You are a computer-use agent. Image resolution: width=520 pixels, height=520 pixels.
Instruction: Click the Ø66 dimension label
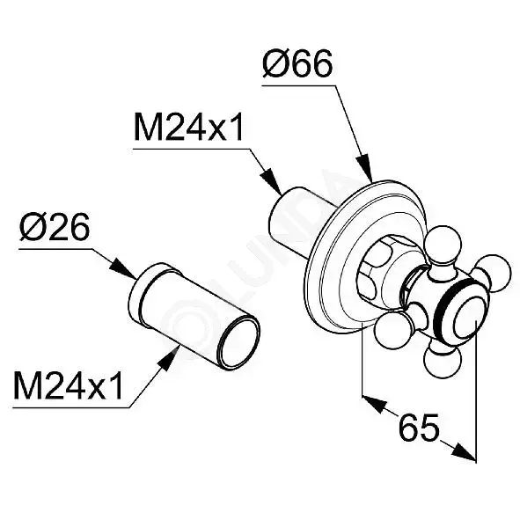point(297,64)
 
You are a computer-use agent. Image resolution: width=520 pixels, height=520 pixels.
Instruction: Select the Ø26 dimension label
point(55,228)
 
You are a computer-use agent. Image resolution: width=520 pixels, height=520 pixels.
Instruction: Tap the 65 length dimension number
point(419,428)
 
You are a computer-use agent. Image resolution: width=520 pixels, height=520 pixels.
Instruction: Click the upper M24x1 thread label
point(188,128)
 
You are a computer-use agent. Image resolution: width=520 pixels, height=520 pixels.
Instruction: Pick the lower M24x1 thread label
point(68,386)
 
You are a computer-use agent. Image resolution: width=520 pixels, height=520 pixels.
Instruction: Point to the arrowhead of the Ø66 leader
point(365,168)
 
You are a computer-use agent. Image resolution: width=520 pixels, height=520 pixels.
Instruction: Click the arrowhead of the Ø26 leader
point(122,269)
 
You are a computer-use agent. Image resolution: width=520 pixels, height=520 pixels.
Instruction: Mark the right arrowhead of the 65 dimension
point(464,450)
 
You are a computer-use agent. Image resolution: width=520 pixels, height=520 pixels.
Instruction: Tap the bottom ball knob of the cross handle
point(443,361)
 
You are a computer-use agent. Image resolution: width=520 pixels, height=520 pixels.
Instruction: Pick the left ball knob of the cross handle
point(393,331)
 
